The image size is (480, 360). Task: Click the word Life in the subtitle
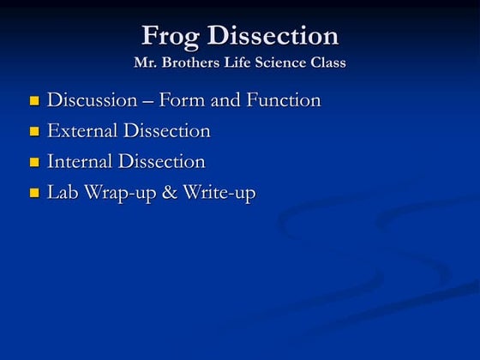tap(239, 63)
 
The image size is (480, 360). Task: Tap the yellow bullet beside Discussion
tap(34, 101)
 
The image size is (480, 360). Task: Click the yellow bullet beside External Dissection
tap(34, 132)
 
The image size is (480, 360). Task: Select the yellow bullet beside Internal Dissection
tap(34, 163)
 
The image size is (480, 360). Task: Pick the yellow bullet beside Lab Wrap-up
tap(34, 194)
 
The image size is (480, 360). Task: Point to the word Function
tap(284, 100)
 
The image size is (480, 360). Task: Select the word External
tap(82, 131)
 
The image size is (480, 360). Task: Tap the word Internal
tap(80, 162)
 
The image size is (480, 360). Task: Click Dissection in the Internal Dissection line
tap(162, 162)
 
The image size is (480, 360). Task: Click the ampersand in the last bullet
tap(169, 193)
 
